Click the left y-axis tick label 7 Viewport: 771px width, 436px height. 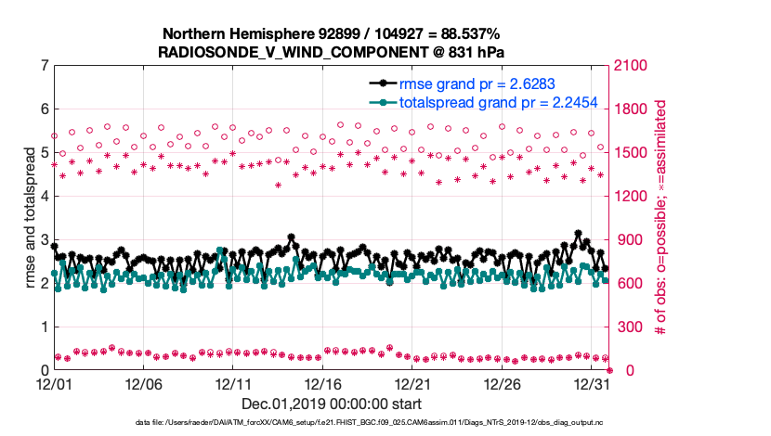pyautogui.click(x=44, y=66)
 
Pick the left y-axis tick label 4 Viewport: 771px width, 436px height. pyautogui.click(x=44, y=197)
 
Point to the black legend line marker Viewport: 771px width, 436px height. pyautogui.click(x=381, y=84)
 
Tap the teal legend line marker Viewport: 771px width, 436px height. pyautogui.click(x=381, y=102)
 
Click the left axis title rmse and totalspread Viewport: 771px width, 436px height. pyautogui.click(x=30, y=217)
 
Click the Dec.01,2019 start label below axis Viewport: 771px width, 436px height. pyautogui.click(x=332, y=404)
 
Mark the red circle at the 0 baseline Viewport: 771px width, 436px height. pyautogui.click(x=609, y=370)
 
